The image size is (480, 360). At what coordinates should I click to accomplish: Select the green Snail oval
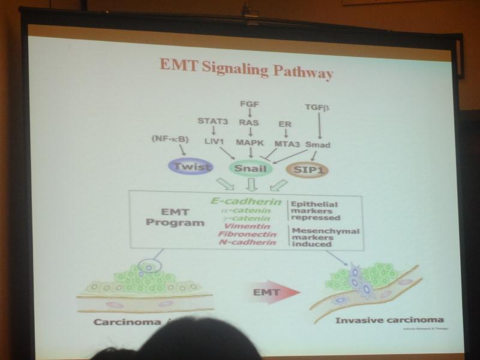click(x=250, y=169)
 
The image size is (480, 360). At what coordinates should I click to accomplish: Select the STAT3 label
click(x=213, y=122)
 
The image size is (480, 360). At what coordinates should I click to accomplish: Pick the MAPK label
click(x=250, y=144)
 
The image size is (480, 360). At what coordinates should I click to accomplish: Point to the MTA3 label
click(x=286, y=145)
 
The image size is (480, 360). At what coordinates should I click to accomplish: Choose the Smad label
click(x=317, y=145)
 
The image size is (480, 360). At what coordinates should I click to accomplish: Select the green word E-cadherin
click(x=246, y=201)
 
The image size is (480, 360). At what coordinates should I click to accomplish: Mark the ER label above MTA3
click(x=285, y=124)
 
